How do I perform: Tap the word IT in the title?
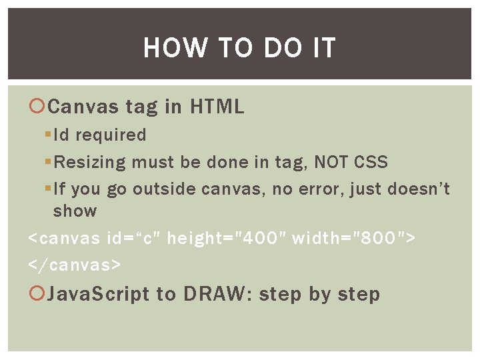click(322, 49)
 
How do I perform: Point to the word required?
click(111, 135)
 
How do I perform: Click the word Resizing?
click(90, 162)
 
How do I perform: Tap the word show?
click(75, 211)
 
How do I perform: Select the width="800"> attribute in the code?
click(354, 237)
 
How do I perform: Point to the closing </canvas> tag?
click(75, 265)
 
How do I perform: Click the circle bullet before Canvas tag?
click(37, 106)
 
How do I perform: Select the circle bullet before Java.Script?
click(37, 294)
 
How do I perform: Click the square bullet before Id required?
click(47, 135)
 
